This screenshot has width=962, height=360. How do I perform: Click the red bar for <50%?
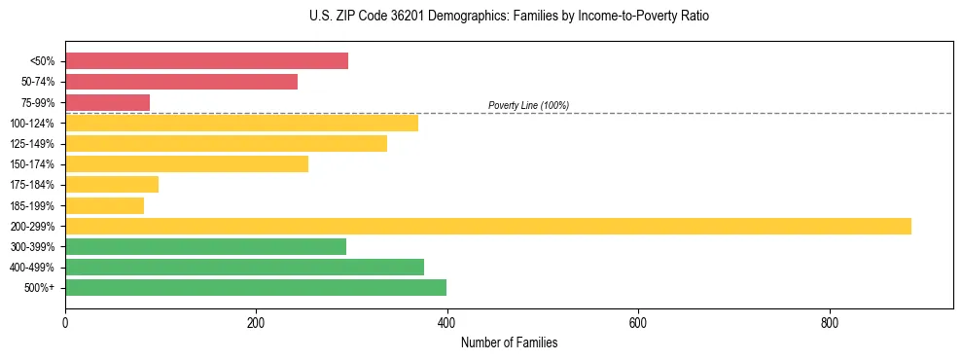click(x=206, y=61)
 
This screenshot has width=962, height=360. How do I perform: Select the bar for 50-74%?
click(x=181, y=82)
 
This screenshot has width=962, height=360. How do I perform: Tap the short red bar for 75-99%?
click(x=107, y=102)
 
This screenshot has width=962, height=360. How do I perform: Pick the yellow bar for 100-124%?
click(x=241, y=123)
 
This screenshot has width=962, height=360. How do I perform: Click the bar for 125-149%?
click(x=226, y=144)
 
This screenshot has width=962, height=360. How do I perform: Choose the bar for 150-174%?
click(x=187, y=164)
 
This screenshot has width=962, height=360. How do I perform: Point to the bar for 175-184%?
click(x=112, y=185)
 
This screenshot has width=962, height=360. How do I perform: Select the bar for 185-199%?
click(x=104, y=205)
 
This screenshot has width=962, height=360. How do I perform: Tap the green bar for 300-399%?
click(x=205, y=246)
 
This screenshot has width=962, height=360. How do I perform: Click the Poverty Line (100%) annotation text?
click(x=528, y=105)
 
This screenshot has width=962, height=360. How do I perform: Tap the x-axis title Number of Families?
click(x=509, y=343)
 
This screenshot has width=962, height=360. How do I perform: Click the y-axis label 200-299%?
click(x=32, y=226)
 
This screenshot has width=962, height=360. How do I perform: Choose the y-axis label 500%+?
click(x=40, y=288)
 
